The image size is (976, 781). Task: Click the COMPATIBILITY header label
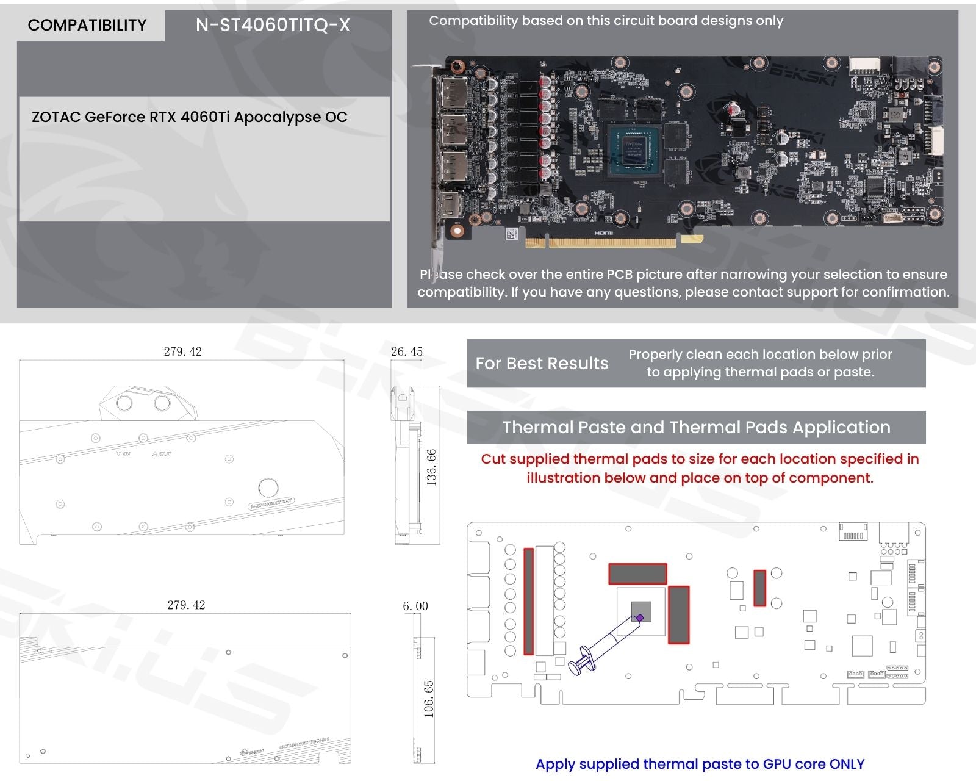87,25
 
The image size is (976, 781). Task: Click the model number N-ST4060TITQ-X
273,25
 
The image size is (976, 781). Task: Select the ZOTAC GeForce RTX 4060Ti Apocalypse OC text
189,117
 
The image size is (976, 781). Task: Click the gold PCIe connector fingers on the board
601,242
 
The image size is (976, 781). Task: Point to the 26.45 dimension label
407,351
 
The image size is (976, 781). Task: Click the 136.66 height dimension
431,467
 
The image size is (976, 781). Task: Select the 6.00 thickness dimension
415,606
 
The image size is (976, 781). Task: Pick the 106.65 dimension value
429,699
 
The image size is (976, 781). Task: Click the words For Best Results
542,364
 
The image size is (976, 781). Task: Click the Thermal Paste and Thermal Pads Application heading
696,427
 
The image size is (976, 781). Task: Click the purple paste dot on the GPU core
639,617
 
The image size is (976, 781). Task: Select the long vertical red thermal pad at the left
529,601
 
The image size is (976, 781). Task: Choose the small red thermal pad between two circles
759,588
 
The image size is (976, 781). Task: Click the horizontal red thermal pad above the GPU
637,574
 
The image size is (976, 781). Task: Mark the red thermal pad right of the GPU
678,614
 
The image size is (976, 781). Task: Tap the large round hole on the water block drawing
268,488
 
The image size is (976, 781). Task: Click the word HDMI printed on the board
603,233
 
